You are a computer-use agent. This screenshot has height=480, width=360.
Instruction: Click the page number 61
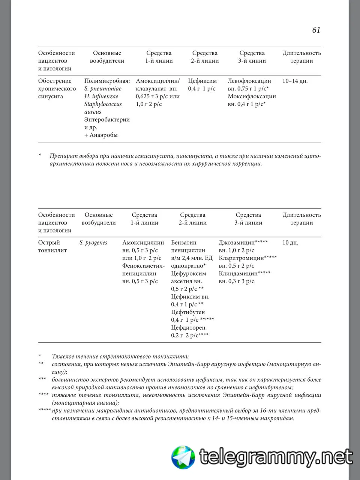[316, 30]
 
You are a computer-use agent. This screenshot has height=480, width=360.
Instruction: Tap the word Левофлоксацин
[249, 81]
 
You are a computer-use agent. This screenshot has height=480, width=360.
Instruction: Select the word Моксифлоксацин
[252, 96]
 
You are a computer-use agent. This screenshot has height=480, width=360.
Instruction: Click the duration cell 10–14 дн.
[295, 81]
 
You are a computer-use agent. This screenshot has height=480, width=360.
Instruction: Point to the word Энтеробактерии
[107, 120]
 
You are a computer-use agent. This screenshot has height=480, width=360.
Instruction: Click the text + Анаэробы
[101, 135]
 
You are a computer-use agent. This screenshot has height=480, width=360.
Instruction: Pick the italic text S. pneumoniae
[103, 89]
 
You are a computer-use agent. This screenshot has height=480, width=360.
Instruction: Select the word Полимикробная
[107, 81]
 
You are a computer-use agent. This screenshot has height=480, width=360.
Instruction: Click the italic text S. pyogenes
[93, 243]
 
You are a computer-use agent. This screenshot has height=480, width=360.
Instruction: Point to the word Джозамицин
[237, 243]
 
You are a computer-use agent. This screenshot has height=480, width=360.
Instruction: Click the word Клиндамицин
[238, 273]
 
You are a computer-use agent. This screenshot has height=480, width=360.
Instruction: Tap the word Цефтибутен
[188, 312]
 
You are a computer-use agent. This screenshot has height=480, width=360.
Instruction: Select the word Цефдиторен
[188, 327]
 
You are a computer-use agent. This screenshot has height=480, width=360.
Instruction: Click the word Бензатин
[184, 243]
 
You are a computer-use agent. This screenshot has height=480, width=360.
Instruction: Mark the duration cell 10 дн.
[290, 243]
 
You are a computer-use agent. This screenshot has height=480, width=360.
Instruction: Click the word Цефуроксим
[189, 273]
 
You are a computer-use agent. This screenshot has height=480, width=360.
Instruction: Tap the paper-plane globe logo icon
[183, 457]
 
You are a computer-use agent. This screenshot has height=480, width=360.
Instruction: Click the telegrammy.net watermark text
[276, 457]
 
